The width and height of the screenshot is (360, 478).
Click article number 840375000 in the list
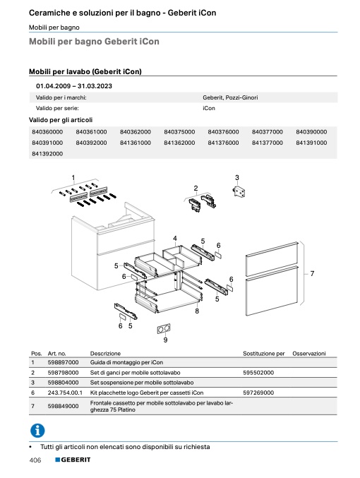[x=179, y=132]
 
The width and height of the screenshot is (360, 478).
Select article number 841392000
[x=47, y=154]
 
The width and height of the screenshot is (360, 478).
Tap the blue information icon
[x=37, y=431]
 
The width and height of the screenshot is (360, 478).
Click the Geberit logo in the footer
[x=73, y=460]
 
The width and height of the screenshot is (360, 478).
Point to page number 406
[x=35, y=460]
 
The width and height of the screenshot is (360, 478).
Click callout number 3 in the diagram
[x=237, y=177]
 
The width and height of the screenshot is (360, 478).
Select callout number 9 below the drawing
[x=165, y=340]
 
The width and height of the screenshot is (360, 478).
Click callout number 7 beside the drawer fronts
[x=312, y=273]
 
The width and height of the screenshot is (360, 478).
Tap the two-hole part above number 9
[x=164, y=329]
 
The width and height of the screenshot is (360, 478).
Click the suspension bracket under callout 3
[x=239, y=192]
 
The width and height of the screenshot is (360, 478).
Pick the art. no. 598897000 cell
[x=63, y=362]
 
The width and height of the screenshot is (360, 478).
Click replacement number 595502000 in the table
[x=258, y=373]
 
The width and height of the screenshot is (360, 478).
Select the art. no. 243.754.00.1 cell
[x=65, y=393]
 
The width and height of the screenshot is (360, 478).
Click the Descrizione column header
[x=105, y=354]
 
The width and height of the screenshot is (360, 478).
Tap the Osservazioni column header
[x=309, y=354]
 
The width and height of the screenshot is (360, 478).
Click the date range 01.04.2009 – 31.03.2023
[x=74, y=86]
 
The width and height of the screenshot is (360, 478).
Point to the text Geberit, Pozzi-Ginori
[x=230, y=97]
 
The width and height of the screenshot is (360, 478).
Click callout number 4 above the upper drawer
[x=175, y=239]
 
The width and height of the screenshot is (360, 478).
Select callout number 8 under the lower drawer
[x=197, y=311]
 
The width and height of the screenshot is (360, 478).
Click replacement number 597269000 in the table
[x=258, y=393]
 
